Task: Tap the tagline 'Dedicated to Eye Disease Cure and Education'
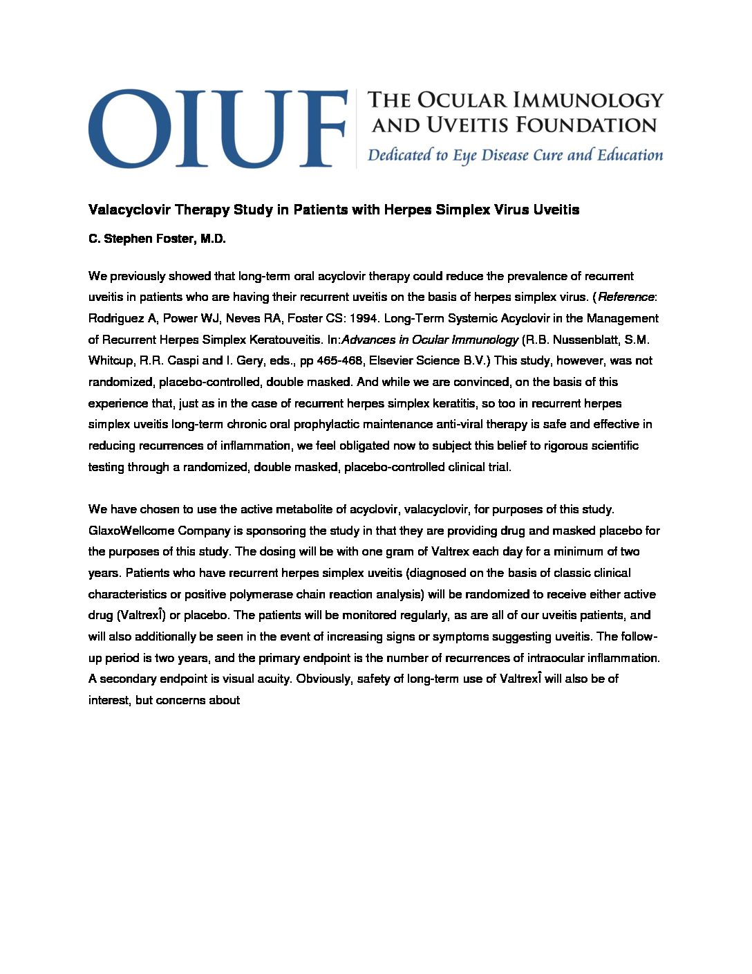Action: [515, 155]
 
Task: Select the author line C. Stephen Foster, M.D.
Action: [157, 239]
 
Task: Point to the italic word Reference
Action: [626, 297]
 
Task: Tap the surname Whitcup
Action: [111, 361]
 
